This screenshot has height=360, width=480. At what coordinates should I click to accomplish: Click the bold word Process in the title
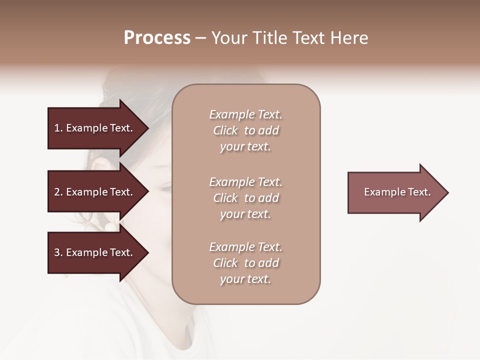tap(157, 38)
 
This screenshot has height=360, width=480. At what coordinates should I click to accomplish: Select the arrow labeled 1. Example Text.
tap(95, 128)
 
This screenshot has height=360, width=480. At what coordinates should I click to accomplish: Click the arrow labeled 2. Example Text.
tap(95, 192)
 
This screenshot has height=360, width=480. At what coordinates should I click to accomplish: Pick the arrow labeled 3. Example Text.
tap(95, 252)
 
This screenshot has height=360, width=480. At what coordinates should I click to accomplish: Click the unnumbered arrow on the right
tap(395, 192)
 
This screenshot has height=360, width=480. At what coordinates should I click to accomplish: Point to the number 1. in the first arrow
tap(58, 128)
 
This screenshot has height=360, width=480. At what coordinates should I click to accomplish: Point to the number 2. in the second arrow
tap(58, 192)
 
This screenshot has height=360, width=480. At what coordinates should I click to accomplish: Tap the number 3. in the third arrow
tap(58, 252)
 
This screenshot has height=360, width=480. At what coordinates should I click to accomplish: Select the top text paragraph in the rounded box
tap(245, 130)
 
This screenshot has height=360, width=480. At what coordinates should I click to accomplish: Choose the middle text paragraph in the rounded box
tap(245, 198)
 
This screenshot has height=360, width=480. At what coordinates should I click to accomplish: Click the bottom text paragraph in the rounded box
tap(245, 263)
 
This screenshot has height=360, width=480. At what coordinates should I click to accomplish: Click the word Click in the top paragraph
tap(225, 131)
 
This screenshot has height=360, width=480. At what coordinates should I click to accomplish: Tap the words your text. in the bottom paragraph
tap(245, 279)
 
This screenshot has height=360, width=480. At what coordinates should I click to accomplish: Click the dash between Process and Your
tap(200, 38)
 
